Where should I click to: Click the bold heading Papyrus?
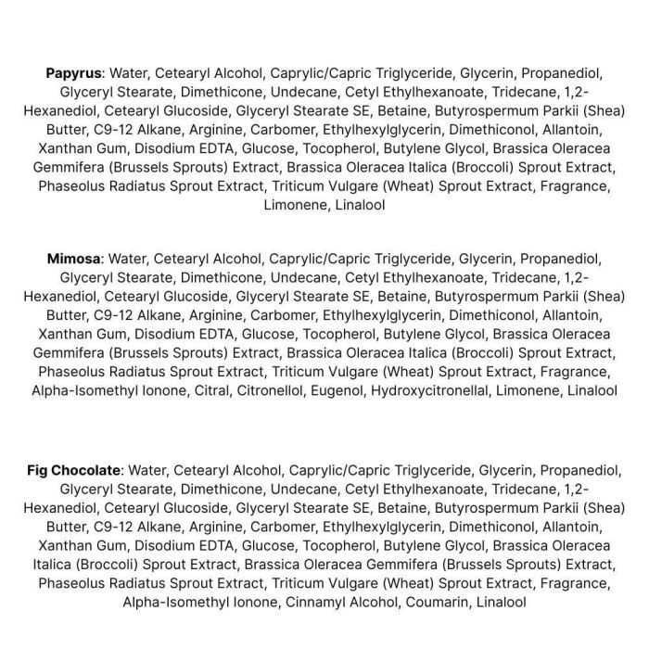(x=73, y=73)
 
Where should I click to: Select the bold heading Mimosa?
(x=75, y=259)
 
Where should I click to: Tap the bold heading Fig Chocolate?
(x=73, y=470)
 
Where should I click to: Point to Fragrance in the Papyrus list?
(x=575, y=185)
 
